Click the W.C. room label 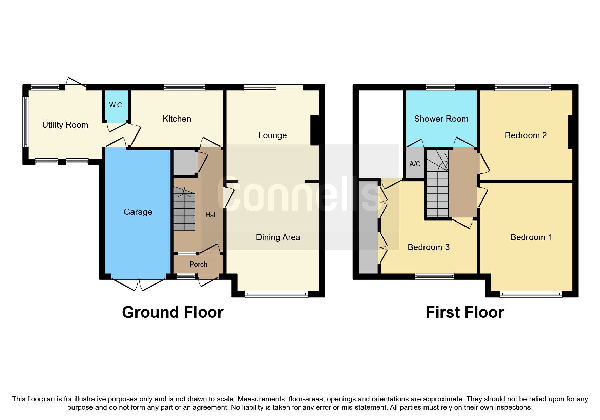(116, 105)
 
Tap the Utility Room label (65, 125)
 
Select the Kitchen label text (177, 119)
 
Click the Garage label (138, 212)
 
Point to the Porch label (198, 264)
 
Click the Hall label (211, 215)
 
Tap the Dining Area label (278, 237)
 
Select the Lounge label (272, 135)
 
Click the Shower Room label (441, 119)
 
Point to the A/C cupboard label (415, 164)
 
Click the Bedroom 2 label (526, 135)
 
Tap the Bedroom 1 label (531, 237)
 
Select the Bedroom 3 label (428, 247)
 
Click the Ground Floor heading (172, 312)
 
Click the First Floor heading (464, 312)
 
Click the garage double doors (138, 284)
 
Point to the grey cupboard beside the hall (185, 163)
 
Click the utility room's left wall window (26, 122)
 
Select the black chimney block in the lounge (315, 130)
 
